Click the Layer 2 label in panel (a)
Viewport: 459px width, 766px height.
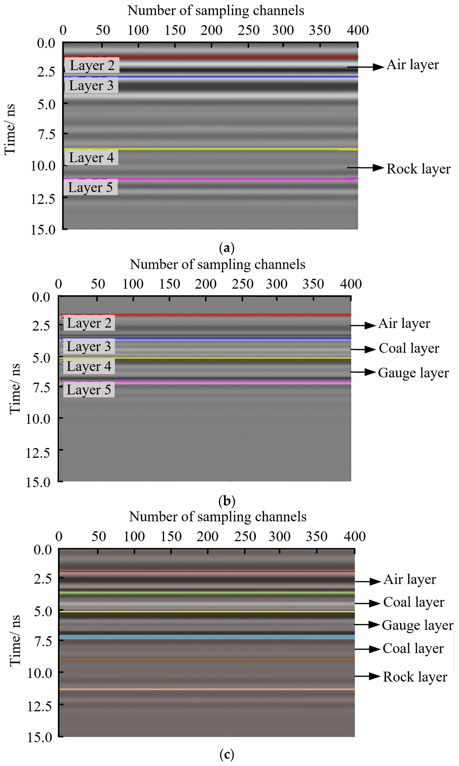click(x=92, y=65)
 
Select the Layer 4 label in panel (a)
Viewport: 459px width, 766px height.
click(x=91, y=157)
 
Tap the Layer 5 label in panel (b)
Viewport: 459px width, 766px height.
click(x=89, y=390)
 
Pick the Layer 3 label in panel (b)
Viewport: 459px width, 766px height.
click(x=89, y=346)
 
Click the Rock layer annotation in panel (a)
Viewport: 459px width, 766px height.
click(x=418, y=169)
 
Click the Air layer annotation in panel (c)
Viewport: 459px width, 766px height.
click(x=409, y=579)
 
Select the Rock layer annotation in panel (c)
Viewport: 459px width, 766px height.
click(x=415, y=677)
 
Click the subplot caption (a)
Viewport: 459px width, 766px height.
click(x=227, y=248)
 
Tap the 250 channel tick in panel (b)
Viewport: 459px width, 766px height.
click(x=242, y=284)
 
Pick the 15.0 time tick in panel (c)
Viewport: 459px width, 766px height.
click(x=40, y=737)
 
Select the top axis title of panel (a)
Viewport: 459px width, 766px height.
click(x=216, y=11)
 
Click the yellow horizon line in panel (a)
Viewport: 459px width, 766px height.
click(x=210, y=149)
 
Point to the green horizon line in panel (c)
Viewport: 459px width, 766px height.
click(x=207, y=593)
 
